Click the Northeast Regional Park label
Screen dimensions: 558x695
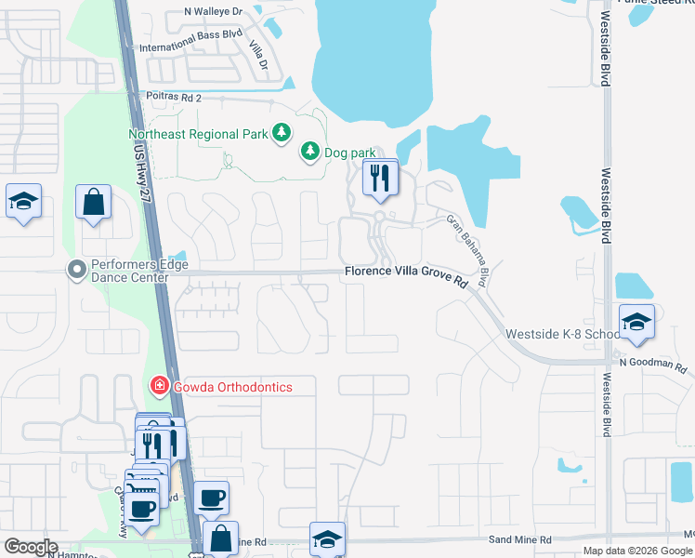pyautogui.click(x=198, y=134)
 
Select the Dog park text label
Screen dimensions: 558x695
pyautogui.click(x=347, y=151)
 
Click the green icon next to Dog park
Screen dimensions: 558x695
pyautogui.click(x=309, y=151)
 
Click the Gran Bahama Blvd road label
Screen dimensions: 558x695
pyautogui.click(x=467, y=251)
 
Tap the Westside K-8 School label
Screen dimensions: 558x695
pyautogui.click(x=562, y=334)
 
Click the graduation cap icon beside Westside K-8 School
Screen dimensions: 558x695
pyautogui.click(x=636, y=323)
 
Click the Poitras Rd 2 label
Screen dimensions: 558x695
pyautogui.click(x=174, y=97)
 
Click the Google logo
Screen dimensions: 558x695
pyautogui.click(x=31, y=547)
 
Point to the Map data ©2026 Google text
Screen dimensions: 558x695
pyautogui.click(x=636, y=551)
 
